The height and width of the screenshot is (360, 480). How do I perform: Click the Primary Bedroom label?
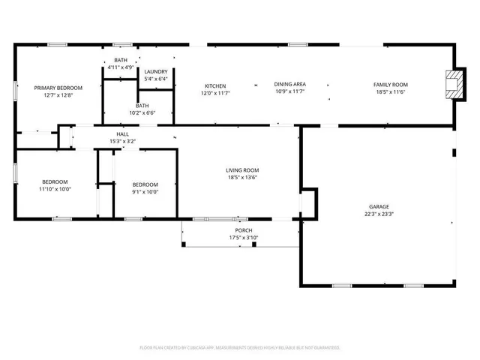click(58, 88)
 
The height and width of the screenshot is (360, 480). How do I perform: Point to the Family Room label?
click(390, 85)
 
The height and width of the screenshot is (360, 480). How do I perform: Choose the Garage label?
click(379, 206)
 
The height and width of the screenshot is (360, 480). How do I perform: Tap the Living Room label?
click(242, 170)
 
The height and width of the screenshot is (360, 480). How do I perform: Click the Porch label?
click(242, 230)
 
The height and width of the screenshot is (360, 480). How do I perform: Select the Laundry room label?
click(156, 71)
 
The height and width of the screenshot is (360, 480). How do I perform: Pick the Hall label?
click(122, 133)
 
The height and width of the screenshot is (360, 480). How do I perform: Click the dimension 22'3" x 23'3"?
click(379, 214)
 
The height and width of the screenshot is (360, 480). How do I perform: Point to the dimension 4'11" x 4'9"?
click(120, 67)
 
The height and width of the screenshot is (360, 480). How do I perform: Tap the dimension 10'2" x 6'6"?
click(142, 113)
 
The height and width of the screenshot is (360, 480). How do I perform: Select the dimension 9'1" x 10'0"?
click(145, 192)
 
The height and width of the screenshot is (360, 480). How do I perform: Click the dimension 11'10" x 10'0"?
click(55, 189)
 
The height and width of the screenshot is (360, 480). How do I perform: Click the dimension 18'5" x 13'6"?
click(242, 178)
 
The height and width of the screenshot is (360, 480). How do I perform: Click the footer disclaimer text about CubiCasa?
click(240, 348)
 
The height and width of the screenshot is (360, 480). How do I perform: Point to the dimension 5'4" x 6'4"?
click(156, 79)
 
